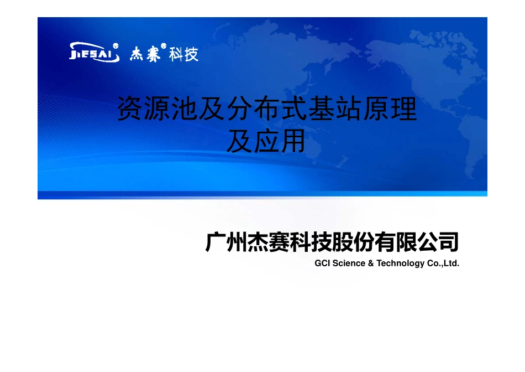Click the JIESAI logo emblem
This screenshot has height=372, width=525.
coord(94,53)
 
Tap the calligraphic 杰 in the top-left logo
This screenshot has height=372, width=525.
coord(137,54)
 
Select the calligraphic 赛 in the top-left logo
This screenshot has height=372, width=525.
coord(153,54)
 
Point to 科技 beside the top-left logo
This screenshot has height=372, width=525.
coord(183,54)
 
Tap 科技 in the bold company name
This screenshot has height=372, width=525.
coord(311,242)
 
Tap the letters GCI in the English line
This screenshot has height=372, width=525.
coord(322,263)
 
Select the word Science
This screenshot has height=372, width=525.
coord(349,263)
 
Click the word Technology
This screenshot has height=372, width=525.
coord(400,263)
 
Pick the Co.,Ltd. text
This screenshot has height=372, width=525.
coord(443,263)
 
